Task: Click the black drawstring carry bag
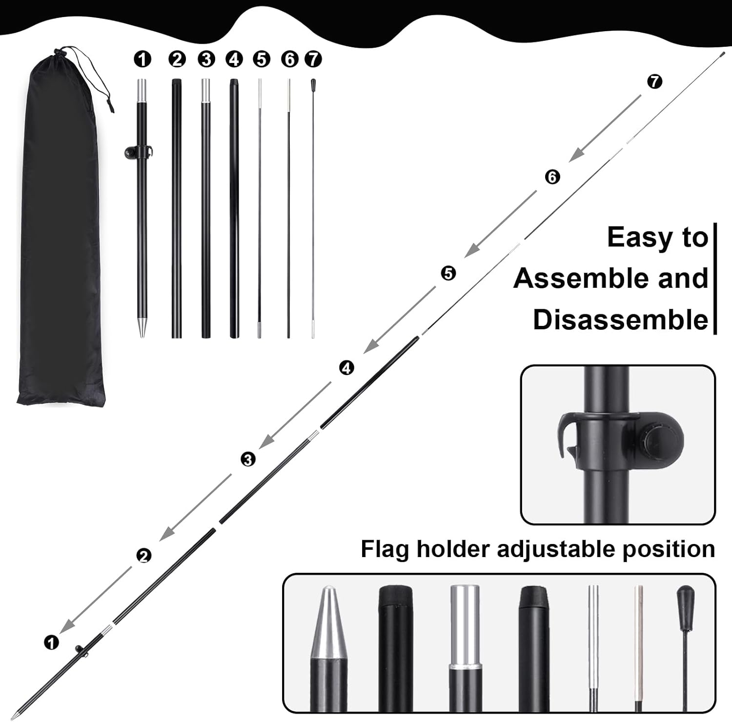61,234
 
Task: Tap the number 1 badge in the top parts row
142,60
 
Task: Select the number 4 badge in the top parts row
234,60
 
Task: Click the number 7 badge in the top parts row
313,60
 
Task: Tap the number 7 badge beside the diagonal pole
654,81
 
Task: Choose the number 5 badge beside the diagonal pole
448,273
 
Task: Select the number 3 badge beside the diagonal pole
248,459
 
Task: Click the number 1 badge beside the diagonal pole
51,642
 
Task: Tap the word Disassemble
620,320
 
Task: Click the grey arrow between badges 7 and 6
605,128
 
